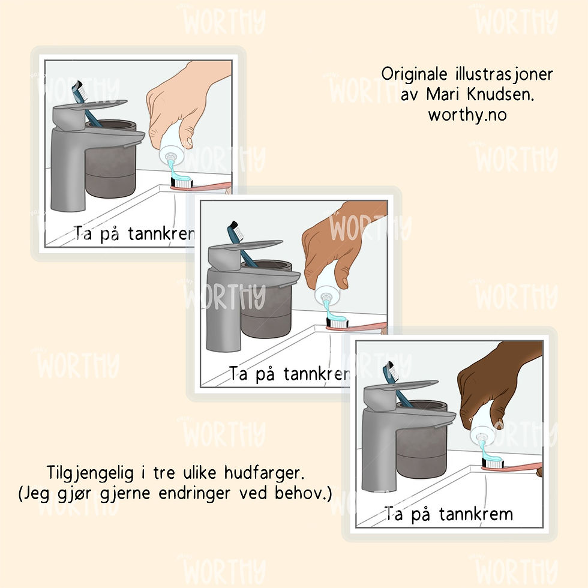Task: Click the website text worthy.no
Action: tap(467, 115)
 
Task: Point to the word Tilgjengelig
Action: tap(90, 473)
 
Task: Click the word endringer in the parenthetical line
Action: tap(194, 493)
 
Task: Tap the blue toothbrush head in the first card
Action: tap(79, 91)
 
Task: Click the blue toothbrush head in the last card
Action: tap(389, 371)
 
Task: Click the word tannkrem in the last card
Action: tap(475, 514)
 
